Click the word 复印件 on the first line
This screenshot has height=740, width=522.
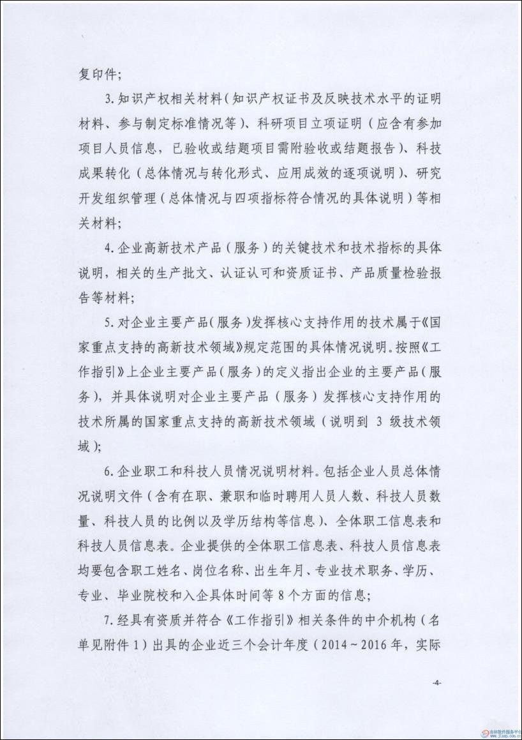[x=96, y=74]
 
